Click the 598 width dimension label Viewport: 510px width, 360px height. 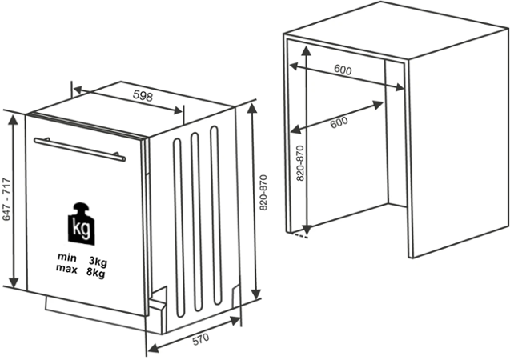[143, 96]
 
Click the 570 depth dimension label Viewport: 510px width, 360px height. [201, 340]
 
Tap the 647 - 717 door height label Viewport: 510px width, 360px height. [6, 199]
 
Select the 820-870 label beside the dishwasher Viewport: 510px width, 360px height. [263, 193]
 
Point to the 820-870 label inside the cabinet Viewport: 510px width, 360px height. [300, 163]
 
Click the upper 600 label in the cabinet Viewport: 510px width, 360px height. [343, 70]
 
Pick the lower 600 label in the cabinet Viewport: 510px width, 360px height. [339, 122]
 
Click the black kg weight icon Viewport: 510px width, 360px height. [82, 224]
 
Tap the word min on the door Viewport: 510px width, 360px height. [67, 258]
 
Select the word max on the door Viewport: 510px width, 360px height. [66, 269]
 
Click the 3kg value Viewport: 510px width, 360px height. [98, 262]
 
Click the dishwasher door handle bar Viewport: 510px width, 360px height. [80, 150]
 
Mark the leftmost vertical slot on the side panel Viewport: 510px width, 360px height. [179, 228]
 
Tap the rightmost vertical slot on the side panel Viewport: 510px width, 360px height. [215, 215]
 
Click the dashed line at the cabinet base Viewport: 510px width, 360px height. [300, 235]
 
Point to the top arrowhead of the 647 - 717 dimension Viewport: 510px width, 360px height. [13, 120]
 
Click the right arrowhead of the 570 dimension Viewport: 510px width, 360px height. [235, 321]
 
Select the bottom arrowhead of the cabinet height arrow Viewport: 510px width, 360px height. [307, 230]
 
